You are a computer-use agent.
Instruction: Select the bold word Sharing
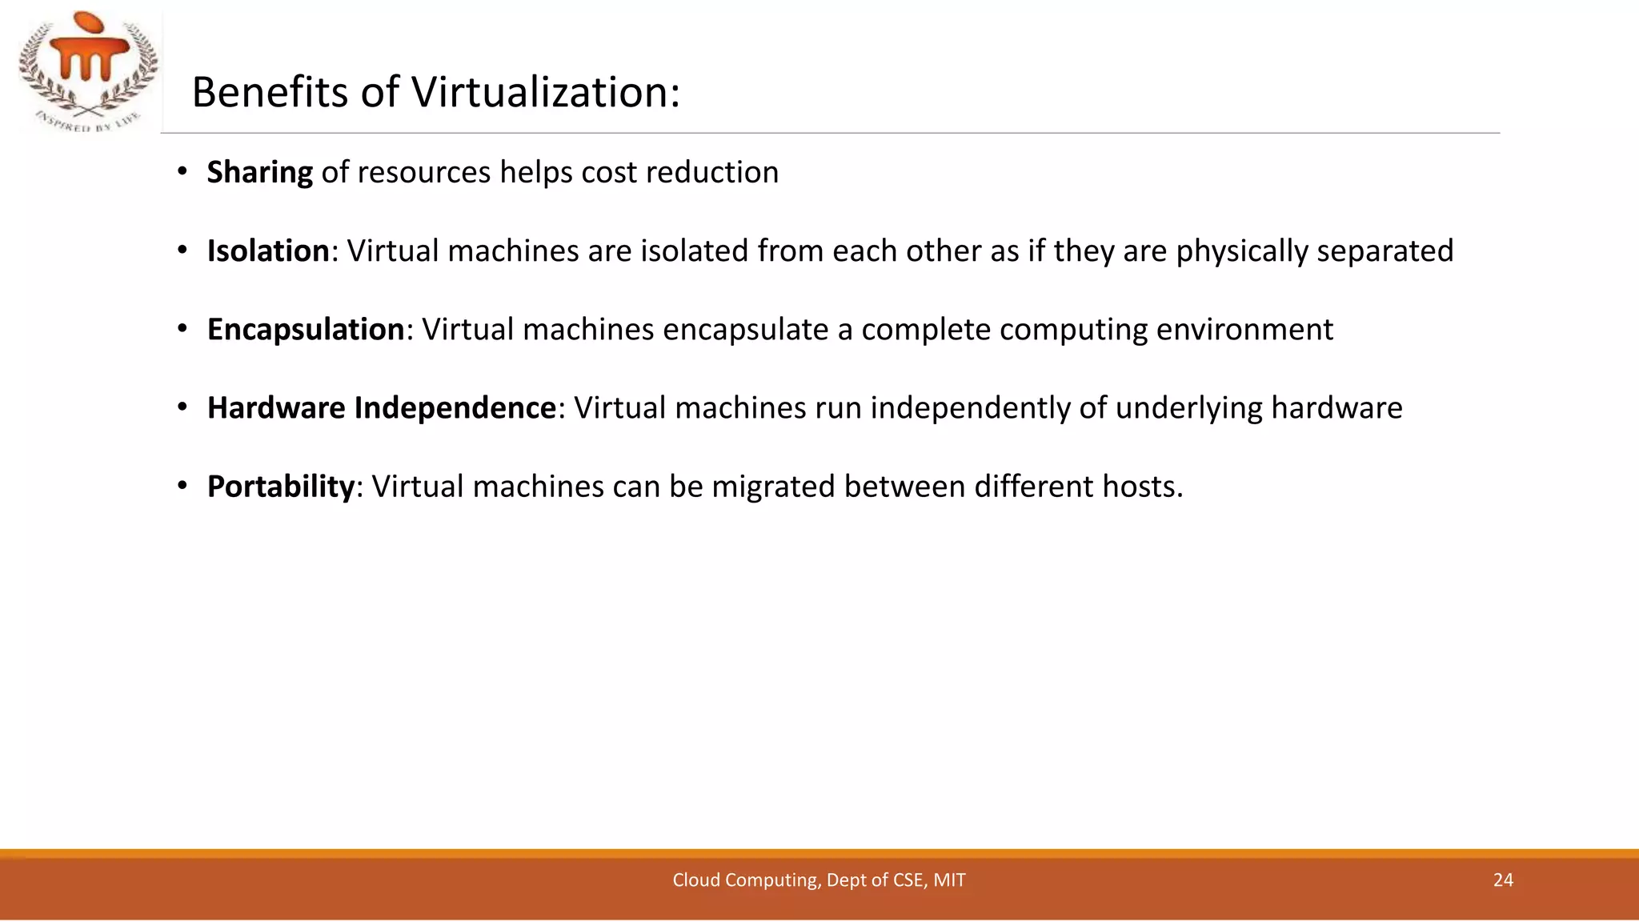coord(260,173)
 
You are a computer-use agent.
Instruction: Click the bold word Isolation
coord(268,251)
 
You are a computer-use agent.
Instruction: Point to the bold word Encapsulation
coord(306,330)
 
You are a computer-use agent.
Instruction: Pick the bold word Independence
coord(455,408)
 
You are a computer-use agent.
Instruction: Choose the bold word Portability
coord(281,487)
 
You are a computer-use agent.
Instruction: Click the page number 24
coord(1503,880)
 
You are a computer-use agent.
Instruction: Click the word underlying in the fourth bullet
coord(1188,408)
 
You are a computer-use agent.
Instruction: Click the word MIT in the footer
coord(949,880)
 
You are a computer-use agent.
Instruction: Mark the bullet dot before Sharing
coord(182,171)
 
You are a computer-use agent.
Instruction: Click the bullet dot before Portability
coord(182,485)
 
